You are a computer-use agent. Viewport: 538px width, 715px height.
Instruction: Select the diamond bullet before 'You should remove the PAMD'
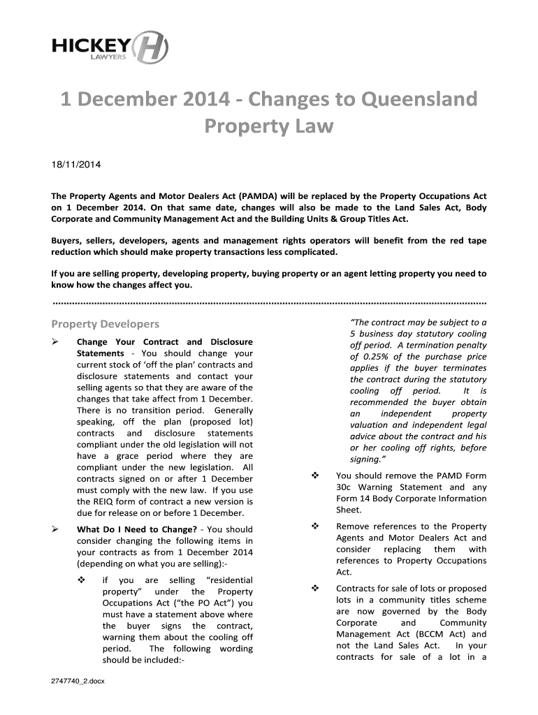314,476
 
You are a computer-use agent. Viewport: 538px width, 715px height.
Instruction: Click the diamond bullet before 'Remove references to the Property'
314,526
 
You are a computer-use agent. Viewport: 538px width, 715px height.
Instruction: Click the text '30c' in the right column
344,487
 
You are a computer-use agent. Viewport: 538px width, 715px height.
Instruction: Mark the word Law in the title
313,127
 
